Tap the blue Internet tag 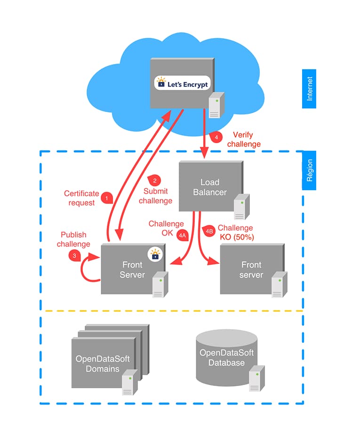click(x=309, y=89)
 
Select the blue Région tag click(x=309, y=170)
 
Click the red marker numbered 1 click(x=108, y=199)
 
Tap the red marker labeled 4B click(x=209, y=231)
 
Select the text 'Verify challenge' click(x=244, y=139)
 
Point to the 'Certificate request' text click(x=81, y=198)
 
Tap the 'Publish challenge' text click(x=73, y=239)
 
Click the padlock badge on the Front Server click(x=154, y=255)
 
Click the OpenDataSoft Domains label click(x=103, y=363)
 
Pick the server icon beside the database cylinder click(x=255, y=378)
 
